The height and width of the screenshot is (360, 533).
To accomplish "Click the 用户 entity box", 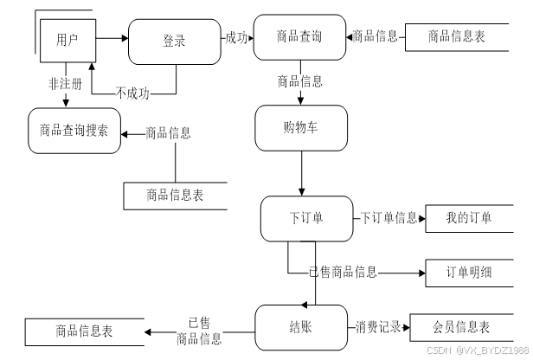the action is pyautogui.click(x=68, y=41).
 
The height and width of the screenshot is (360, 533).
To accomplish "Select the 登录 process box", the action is pyautogui.click(x=175, y=42).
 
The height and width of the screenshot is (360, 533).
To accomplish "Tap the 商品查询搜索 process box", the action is pyautogui.click(x=74, y=131).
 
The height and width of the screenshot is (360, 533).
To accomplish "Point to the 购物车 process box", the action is pyautogui.click(x=301, y=128).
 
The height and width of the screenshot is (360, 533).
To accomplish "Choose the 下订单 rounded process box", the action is pyautogui.click(x=306, y=219).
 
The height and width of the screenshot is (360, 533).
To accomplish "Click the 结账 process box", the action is pyautogui.click(x=301, y=327).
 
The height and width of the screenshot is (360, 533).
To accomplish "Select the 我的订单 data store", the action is pyautogui.click(x=469, y=219).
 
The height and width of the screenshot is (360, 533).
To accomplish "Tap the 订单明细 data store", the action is pyautogui.click(x=469, y=273).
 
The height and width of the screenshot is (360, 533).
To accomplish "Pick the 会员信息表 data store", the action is pyautogui.click(x=461, y=327).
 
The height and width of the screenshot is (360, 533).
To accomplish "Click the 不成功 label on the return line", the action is pyautogui.click(x=132, y=93).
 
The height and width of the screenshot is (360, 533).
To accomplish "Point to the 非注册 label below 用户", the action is pyautogui.click(x=65, y=84).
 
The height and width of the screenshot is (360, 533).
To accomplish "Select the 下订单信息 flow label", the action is pyautogui.click(x=389, y=218).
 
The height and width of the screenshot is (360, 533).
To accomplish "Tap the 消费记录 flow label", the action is pyautogui.click(x=378, y=327).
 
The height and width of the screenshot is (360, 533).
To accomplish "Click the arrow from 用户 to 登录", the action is pyautogui.click(x=112, y=38).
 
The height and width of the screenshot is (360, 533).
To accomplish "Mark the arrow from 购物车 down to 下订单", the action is pyautogui.click(x=301, y=173).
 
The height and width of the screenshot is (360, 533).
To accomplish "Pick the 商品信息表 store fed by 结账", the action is pyautogui.click(x=84, y=331).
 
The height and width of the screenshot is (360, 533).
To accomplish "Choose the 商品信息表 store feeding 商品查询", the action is pyautogui.click(x=457, y=37).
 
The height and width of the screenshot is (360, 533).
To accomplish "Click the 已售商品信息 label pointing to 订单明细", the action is pyautogui.click(x=343, y=273).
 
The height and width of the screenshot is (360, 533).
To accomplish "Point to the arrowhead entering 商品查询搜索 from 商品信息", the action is pyautogui.click(x=124, y=135).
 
